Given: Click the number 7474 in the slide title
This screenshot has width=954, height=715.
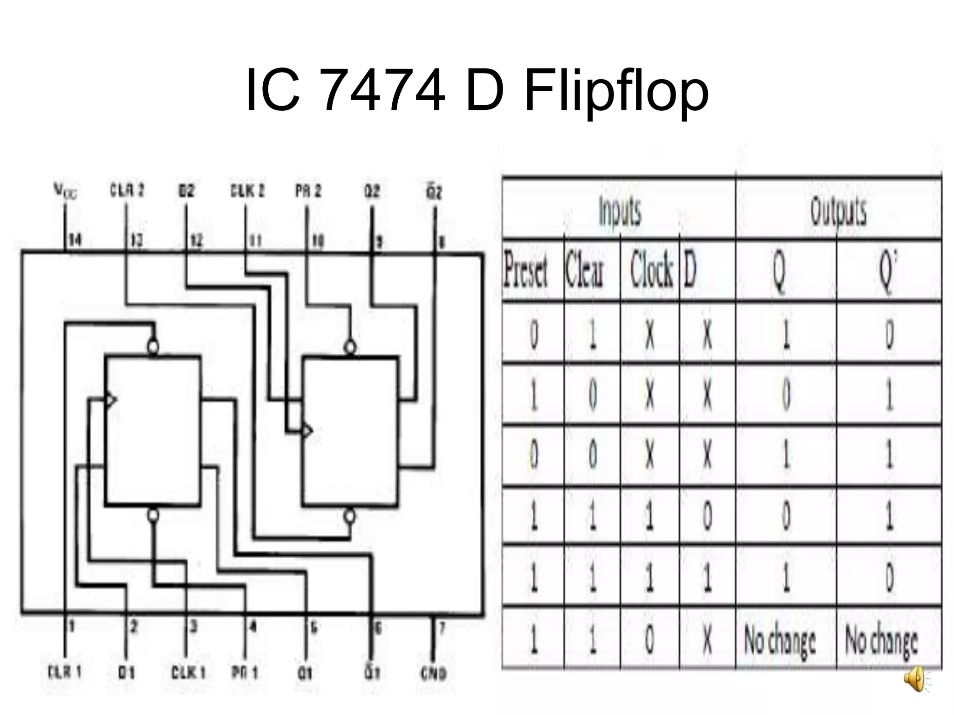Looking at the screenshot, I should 383,91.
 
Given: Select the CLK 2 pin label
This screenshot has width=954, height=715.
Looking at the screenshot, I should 247,191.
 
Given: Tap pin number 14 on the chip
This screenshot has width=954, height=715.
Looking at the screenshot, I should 75,240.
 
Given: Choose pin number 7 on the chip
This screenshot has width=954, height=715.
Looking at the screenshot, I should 442,629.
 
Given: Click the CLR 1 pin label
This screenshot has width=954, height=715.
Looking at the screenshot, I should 65,672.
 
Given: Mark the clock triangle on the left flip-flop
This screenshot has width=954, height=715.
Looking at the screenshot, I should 111,399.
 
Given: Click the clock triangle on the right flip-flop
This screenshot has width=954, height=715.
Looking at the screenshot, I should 307,431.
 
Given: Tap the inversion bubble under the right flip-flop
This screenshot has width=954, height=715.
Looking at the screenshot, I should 349,516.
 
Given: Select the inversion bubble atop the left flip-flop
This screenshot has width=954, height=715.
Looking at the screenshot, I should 153,346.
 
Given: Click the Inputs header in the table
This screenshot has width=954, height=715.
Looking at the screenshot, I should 620,211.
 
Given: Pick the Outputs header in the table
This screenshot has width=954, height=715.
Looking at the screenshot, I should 838,211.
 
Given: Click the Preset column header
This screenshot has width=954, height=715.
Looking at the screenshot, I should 525,270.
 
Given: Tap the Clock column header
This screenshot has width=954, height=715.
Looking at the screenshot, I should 651,270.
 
